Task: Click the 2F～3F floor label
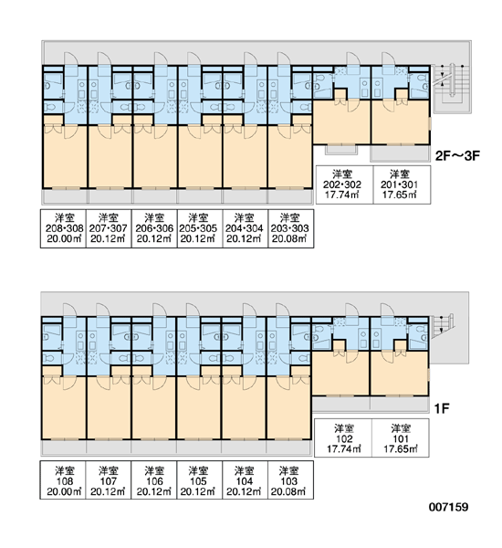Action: pos(457,156)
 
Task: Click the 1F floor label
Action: pos(442,408)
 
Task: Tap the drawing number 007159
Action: pos(448,507)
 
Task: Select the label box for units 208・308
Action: pos(63,228)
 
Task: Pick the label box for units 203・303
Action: pos(290,228)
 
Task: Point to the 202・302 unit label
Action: pos(344,184)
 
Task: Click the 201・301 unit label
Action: pos(402,184)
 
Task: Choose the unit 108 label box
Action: pos(63,479)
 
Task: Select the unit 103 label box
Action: pos(290,479)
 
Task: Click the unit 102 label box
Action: pos(343,437)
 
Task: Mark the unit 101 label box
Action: pos(401,437)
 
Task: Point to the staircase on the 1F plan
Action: pos(443,326)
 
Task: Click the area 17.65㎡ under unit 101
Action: pos(401,448)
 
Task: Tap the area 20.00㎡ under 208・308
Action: pos(64,239)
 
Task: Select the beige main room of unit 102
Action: pos(340,373)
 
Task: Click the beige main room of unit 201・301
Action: pos(401,121)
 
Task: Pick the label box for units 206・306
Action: pos(154,228)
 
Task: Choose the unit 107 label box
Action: pos(109,479)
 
